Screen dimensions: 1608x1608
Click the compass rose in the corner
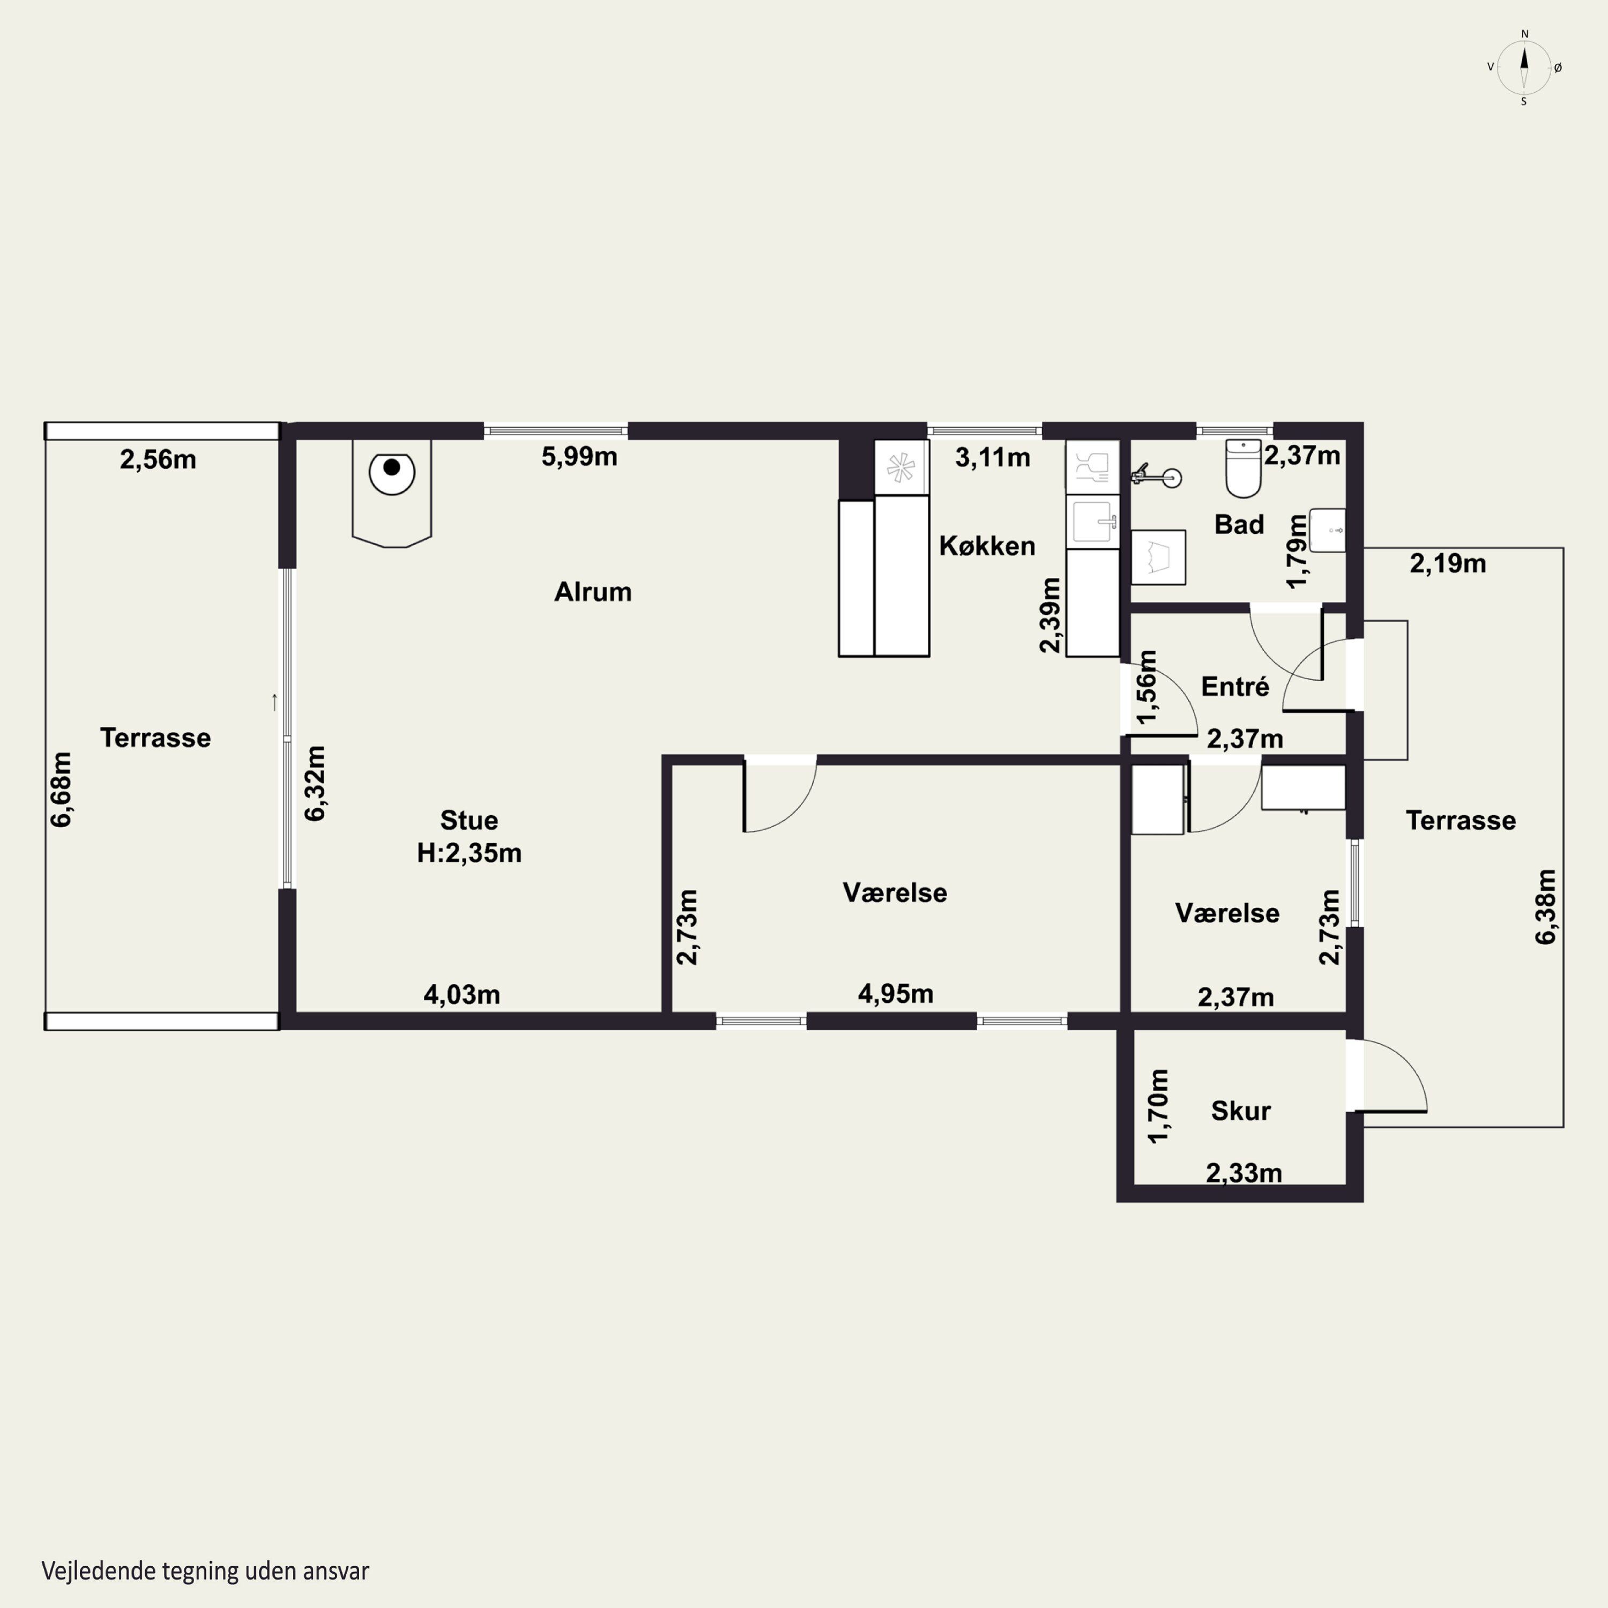coord(1524,68)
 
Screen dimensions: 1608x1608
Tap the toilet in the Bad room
coord(1244,468)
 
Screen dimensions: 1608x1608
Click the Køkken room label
coord(987,546)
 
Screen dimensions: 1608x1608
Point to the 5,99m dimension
coord(579,457)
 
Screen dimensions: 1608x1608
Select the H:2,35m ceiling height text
coord(470,853)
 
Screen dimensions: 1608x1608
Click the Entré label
coord(1235,687)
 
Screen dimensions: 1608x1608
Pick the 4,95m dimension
coord(896,993)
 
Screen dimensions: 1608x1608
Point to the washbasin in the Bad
coord(1328,530)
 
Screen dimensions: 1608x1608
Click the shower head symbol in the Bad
coord(1157,476)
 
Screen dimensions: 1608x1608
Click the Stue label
coord(470,820)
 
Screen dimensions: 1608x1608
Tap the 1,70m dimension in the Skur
coord(1158,1106)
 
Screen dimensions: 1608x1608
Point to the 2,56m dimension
coord(158,459)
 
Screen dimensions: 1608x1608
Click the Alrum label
coord(593,592)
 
